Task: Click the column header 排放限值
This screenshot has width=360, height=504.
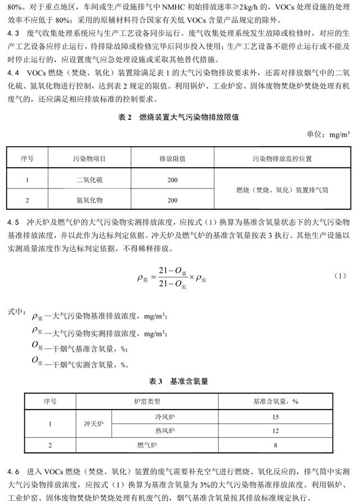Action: coord(173,159)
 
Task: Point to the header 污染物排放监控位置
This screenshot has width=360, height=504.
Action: coord(283,159)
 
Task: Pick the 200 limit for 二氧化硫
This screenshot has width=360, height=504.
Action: coord(173,180)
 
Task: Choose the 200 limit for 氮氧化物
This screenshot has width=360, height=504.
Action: coord(173,200)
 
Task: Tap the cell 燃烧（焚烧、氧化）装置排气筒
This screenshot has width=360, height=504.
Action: coord(283,190)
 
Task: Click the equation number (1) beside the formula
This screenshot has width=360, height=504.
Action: coord(339,276)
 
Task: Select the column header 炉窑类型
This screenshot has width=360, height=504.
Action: coord(147,401)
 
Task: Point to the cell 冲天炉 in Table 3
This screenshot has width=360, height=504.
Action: coord(94,424)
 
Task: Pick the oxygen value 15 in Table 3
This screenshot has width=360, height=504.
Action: coord(276,418)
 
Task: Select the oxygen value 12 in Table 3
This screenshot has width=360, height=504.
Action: coord(276,431)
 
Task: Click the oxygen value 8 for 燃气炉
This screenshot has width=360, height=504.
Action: coord(276,445)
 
